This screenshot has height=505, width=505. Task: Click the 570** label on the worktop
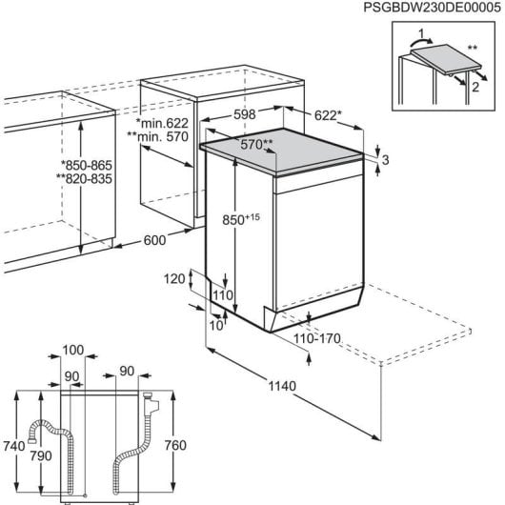tap(255, 144)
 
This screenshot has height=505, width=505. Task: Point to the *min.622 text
tap(163, 123)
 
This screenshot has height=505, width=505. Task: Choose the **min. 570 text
tap(162, 138)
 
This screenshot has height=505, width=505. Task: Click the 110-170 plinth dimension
tap(317, 338)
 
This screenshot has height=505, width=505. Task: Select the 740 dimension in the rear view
tap(13, 444)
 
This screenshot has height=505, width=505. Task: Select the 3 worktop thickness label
tap(386, 160)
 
